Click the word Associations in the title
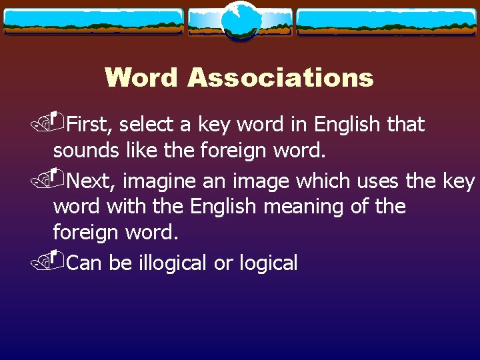(280, 77)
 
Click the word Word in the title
(141, 77)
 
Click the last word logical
(267, 263)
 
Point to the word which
(326, 181)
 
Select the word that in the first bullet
(405, 124)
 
